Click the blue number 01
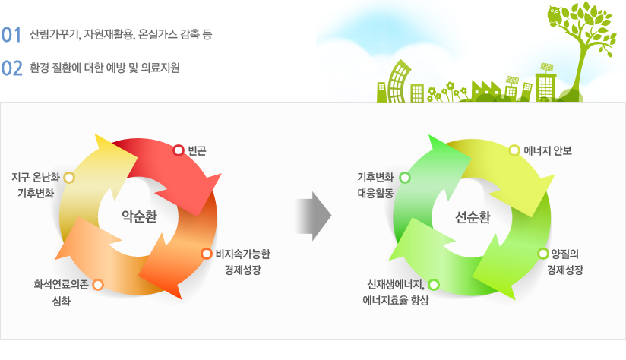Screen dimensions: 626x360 pos(11,35)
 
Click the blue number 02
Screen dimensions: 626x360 pos(12,68)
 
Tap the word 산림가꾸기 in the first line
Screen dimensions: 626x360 pos(55,35)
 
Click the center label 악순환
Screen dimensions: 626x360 pos(139,216)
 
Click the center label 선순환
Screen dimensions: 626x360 pos(473,217)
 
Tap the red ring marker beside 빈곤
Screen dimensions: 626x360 pos(179,150)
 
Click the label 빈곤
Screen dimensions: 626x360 pos(198,151)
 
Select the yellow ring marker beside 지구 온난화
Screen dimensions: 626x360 pos(69,178)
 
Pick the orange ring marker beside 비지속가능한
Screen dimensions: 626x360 pos(207,254)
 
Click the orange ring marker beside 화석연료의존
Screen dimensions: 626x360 pos(98,285)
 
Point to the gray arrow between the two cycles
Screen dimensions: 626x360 pos(314,216)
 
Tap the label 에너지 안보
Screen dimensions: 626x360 pos(548,151)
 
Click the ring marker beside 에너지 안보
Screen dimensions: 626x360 pos(514,150)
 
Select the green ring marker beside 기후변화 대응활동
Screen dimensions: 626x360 pos(405,178)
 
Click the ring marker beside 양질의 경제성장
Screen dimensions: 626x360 pos(543,254)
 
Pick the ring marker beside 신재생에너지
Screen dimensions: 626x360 pos(434,285)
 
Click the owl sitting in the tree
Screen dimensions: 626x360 pos(555,17)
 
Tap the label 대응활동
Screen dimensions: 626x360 pos(375,194)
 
